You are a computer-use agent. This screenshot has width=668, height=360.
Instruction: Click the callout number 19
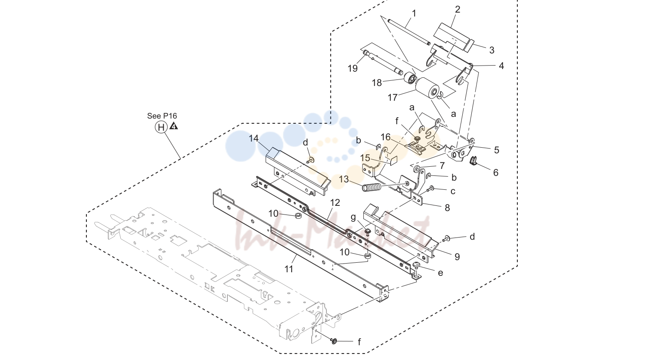point(352,68)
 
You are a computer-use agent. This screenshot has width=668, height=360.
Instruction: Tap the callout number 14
point(254,139)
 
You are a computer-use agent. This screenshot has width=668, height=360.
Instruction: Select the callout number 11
point(289,269)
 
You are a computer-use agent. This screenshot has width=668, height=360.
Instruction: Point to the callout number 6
point(496,172)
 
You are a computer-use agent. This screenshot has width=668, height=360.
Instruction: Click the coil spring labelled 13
point(372,188)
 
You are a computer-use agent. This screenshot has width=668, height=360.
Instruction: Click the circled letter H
point(161,127)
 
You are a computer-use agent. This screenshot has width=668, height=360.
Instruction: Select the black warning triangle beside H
point(174,126)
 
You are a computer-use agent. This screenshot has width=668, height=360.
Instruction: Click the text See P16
point(162,116)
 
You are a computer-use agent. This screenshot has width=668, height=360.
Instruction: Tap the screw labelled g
point(367,231)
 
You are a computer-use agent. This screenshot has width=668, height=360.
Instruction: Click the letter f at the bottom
point(359,342)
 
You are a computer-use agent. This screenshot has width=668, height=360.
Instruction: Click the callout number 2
point(457,10)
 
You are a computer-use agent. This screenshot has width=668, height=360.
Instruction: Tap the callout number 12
point(335,203)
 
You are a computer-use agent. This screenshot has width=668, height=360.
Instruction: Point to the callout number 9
point(457,257)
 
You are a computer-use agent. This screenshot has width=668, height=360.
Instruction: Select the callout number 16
point(385,137)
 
